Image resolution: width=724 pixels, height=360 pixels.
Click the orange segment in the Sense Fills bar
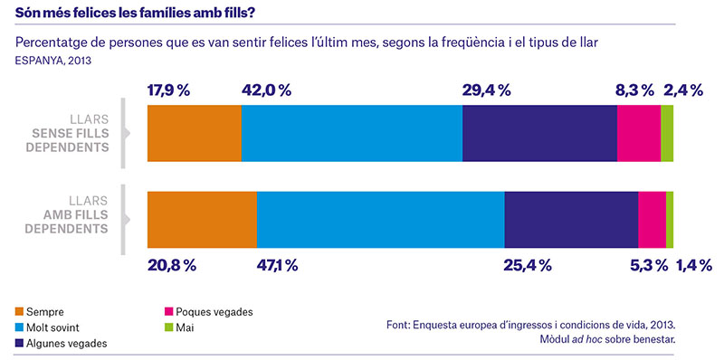pyautogui.click(x=195, y=133)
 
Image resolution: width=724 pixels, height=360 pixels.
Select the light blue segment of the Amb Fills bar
pyautogui.click(x=380, y=220)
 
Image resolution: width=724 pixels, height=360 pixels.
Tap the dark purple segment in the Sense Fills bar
pyautogui.click(x=539, y=133)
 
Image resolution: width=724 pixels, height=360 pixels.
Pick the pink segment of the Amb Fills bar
pyautogui.click(x=652, y=220)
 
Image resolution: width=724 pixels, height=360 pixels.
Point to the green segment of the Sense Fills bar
pyautogui.click(x=667, y=133)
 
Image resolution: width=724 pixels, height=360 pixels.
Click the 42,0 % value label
pyautogui.click(x=266, y=90)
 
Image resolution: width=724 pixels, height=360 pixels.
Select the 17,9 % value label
pyautogui.click(x=168, y=90)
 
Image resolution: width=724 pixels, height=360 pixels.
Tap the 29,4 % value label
pyautogui.click(x=486, y=90)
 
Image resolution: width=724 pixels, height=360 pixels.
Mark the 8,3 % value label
pyautogui.click(x=634, y=90)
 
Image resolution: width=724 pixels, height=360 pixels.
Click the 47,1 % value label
pyautogui.click(x=277, y=265)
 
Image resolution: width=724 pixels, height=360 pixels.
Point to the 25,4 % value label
pyautogui.click(x=529, y=265)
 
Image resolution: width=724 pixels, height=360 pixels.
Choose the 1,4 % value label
pyautogui.click(x=694, y=265)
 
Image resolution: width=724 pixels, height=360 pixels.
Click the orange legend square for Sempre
pyautogui.click(x=19, y=312)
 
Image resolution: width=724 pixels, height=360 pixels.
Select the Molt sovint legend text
pyautogui.click(x=53, y=328)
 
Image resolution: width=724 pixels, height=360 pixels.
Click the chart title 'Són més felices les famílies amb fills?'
pyautogui.click(x=135, y=13)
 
